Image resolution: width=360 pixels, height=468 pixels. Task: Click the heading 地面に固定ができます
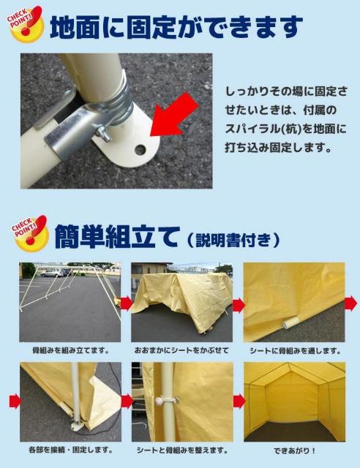tap(176, 27)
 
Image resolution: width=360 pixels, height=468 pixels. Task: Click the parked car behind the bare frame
tap(51, 273)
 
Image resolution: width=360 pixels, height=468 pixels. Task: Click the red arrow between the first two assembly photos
tap(126, 302)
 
